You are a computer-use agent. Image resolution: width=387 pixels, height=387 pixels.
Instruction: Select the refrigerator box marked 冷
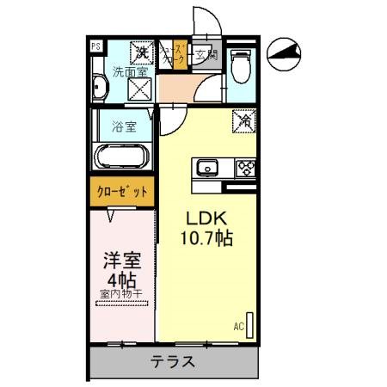click(244, 122)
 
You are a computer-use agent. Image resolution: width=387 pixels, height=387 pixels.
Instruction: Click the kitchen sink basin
click(207, 167)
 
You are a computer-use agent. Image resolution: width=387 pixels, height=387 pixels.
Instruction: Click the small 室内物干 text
click(120, 295)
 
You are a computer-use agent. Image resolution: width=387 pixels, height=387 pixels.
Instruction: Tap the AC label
click(237, 326)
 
